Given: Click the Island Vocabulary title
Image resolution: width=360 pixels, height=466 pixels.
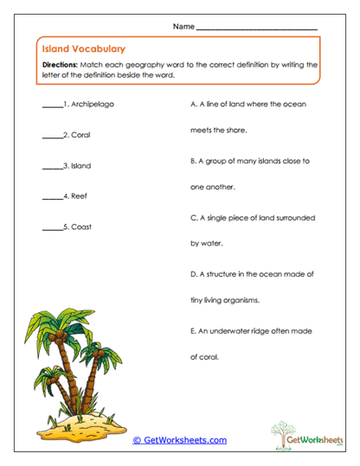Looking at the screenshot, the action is pyautogui.click(x=83, y=49).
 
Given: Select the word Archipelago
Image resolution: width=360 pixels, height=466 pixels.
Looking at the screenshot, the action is pyautogui.click(x=93, y=104).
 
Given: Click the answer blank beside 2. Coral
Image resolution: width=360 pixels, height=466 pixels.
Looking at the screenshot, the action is pyautogui.click(x=52, y=136).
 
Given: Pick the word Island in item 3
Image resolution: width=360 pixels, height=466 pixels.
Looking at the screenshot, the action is pyautogui.click(x=81, y=165).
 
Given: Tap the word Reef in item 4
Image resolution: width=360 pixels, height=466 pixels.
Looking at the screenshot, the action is pyautogui.click(x=80, y=196).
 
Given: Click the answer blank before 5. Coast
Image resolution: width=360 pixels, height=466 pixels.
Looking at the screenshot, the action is pyautogui.click(x=52, y=227).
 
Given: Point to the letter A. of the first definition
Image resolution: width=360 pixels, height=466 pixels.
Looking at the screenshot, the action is pyautogui.click(x=193, y=104).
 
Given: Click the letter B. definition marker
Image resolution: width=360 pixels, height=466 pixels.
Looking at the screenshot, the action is pyautogui.click(x=193, y=161).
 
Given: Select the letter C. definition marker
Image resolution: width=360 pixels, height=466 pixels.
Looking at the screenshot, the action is pyautogui.click(x=193, y=218).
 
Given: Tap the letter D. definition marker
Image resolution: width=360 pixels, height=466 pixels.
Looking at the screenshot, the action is pyautogui.click(x=193, y=274).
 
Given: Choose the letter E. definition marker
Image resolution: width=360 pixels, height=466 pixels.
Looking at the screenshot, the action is pyautogui.click(x=193, y=331).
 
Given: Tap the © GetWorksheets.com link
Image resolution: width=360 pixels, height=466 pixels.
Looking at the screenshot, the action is pyautogui.click(x=180, y=440).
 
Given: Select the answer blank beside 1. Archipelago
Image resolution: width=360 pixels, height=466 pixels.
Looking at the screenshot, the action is pyautogui.click(x=52, y=105).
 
